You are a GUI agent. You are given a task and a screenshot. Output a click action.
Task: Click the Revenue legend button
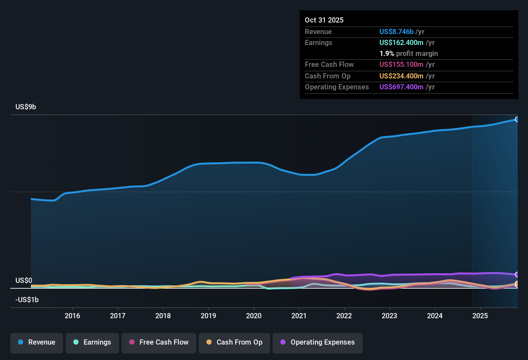tap(37, 343)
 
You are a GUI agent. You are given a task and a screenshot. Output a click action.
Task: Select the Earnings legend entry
tap(92, 343)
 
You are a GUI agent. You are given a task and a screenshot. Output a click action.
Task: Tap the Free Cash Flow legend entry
tap(159, 343)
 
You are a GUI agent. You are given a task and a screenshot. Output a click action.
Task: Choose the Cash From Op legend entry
tap(234, 343)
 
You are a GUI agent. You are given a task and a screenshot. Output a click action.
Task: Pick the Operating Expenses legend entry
tap(318, 343)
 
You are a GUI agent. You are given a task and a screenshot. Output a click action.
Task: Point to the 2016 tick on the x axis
tap(72, 316)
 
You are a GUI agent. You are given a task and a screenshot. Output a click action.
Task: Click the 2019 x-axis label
tap(208, 316)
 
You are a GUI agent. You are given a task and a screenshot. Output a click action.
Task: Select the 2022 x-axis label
tap(344, 316)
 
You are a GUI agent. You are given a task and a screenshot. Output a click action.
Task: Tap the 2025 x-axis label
tap(480, 316)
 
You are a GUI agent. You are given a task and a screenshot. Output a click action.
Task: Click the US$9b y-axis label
tap(26, 107)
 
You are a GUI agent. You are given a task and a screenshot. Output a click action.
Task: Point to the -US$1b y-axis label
tap(27, 300)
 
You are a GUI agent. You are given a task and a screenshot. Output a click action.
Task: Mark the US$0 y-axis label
tap(24, 281)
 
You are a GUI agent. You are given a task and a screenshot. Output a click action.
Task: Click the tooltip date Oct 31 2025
tap(324, 20)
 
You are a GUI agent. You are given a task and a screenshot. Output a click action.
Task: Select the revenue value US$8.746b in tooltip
tap(396, 32)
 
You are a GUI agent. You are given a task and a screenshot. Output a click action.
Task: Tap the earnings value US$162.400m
tap(401, 43)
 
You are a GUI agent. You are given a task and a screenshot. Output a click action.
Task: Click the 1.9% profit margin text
tap(408, 54)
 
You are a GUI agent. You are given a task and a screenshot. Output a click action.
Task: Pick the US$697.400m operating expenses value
tap(401, 87)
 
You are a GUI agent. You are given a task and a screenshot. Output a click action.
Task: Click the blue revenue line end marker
tap(517, 120)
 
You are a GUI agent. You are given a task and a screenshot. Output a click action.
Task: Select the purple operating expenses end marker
tap(517, 274)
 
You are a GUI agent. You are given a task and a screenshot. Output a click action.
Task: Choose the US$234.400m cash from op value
tap(401, 76)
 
